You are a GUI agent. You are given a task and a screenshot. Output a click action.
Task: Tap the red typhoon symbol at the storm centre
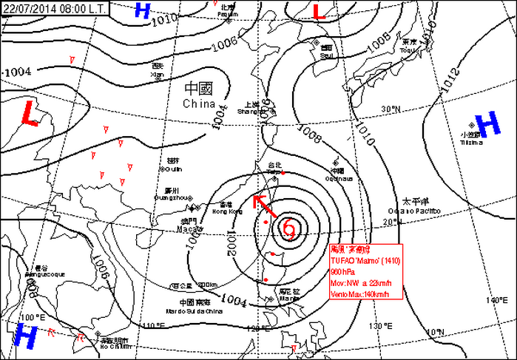point(288,229)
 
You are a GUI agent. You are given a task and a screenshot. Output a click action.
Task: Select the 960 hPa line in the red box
point(343,271)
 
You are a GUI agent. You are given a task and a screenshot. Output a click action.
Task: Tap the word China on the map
point(198,104)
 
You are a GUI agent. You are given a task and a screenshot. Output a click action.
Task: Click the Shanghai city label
point(249,112)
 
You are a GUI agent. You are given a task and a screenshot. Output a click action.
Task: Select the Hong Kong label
point(227,212)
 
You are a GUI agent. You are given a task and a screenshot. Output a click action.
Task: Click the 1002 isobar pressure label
point(232,245)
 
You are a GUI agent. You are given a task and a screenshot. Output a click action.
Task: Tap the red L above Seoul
point(319,12)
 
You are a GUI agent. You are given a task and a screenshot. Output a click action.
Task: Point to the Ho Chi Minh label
point(115,346)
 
